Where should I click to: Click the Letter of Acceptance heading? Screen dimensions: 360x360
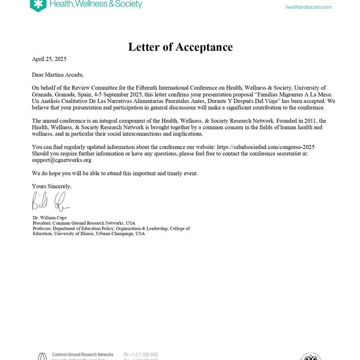click(x=180, y=47)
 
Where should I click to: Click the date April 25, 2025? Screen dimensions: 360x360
click(x=49, y=58)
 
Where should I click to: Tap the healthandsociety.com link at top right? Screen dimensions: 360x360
click(x=308, y=7)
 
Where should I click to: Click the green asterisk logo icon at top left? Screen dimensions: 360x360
click(x=38, y=5)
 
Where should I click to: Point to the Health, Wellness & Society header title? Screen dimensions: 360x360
click(x=96, y=4)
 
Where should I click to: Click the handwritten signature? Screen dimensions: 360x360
click(x=51, y=201)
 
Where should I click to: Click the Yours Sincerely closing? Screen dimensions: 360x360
click(x=52, y=186)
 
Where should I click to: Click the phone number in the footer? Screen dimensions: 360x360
click(x=141, y=355)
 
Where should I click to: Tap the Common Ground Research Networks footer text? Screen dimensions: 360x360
click(x=83, y=355)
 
